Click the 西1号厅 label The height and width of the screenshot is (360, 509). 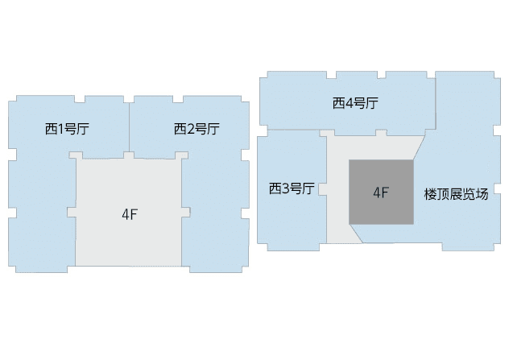point(67,129)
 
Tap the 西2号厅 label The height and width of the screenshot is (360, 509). point(197,129)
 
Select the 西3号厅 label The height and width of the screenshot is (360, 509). point(292,188)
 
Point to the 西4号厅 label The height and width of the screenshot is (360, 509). point(355,103)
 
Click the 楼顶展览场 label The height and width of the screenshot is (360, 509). point(456,194)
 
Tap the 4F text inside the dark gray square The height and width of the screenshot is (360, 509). point(381,192)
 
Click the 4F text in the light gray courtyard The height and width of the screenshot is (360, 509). point(130,214)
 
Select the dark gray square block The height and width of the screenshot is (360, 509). point(381,192)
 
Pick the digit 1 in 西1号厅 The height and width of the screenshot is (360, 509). point(60,129)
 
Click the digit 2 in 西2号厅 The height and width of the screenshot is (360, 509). point(190,129)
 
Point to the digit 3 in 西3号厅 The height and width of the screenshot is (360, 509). point(285,188)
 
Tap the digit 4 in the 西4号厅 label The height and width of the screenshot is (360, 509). point(349,104)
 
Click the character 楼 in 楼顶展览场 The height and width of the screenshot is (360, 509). point(430,194)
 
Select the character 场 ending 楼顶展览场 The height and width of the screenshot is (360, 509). point(482,194)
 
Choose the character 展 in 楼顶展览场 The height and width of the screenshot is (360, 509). point(456,194)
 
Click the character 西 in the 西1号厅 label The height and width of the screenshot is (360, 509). point(51,129)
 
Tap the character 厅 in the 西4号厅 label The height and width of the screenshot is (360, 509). point(372,103)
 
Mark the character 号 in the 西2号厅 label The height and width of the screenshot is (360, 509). point(201,129)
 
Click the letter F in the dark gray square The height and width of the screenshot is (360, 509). point(385,192)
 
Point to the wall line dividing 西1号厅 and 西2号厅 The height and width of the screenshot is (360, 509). point(129,127)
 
